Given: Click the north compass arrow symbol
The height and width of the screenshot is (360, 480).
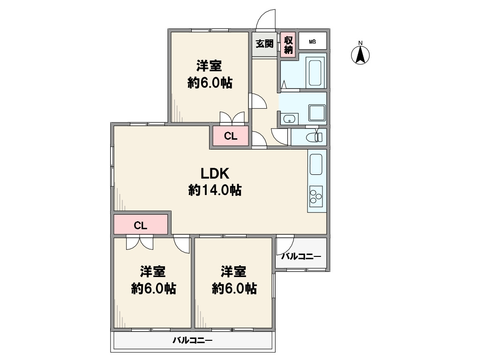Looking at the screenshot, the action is pyautogui.click(x=360, y=55).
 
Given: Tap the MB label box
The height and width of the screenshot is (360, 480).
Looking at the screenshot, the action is pyautogui.click(x=312, y=42).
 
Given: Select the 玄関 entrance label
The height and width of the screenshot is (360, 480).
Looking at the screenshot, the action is pyautogui.click(x=264, y=44).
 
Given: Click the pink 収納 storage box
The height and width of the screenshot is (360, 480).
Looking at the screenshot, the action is pyautogui.click(x=288, y=45).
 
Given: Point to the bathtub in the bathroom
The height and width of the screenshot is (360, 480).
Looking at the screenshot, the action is pyautogui.click(x=315, y=73).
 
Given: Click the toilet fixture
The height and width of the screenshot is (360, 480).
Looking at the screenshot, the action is pyautogui.click(x=315, y=136).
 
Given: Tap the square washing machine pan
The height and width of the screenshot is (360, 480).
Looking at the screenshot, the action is pyautogui.click(x=317, y=113).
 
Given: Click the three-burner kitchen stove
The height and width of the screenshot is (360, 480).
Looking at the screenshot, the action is pyautogui.click(x=316, y=196).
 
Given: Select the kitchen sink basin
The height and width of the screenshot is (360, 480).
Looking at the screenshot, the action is pyautogui.click(x=316, y=165).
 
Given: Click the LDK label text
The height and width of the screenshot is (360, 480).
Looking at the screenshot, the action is pyautogui.click(x=215, y=174).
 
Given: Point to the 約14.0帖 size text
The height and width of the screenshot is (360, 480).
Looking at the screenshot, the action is pyautogui.click(x=215, y=190).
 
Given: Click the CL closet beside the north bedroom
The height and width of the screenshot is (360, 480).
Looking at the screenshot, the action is pyautogui.click(x=231, y=136).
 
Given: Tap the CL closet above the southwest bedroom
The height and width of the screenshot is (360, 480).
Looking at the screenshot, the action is pyautogui.click(x=141, y=225).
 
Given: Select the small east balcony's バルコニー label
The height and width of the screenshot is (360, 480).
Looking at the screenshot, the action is pyautogui.click(x=301, y=256).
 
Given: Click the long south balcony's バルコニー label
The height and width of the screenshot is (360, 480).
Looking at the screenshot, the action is pyautogui.click(x=193, y=340).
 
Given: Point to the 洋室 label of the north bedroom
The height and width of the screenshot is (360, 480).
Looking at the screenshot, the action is pyautogui.click(x=210, y=66).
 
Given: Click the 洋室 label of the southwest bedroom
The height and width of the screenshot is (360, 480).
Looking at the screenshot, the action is pyautogui.click(x=153, y=272).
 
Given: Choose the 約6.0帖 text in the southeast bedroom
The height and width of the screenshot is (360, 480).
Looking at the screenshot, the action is pyautogui.click(x=234, y=288).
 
